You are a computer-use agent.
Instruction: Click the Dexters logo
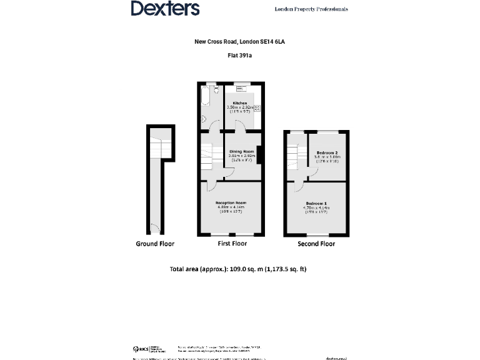165,9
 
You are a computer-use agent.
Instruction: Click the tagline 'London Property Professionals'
311,9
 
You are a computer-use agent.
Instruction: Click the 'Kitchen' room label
240,103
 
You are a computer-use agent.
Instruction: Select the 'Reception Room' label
231,203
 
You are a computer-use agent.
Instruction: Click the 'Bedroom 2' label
327,153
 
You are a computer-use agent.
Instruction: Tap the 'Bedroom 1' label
316,204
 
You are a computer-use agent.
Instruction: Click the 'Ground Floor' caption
155,244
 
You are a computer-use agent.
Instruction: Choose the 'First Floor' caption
232,244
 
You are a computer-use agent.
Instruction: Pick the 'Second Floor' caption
317,244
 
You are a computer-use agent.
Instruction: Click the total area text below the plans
238,270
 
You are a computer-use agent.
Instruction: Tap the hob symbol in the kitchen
257,108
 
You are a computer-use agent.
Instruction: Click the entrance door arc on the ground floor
154,229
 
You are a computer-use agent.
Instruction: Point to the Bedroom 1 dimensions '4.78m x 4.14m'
317,208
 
